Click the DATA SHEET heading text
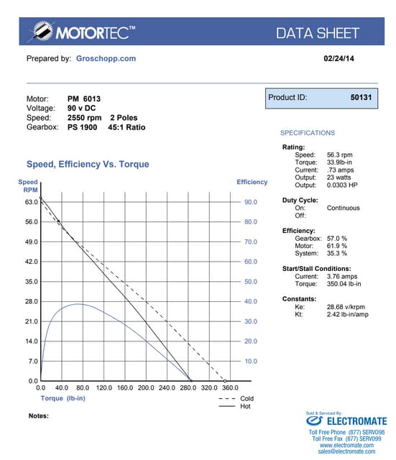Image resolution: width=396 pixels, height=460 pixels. click(317, 32)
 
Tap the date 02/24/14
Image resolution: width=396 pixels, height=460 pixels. click(336, 58)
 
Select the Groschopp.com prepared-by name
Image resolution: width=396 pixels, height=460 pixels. click(106, 58)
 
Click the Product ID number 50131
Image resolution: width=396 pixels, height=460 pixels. click(361, 97)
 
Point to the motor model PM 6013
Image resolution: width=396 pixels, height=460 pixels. click(85, 98)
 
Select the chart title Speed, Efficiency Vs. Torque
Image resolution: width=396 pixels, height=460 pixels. click(88, 165)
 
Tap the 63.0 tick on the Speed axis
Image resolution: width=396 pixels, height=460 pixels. click(32, 203)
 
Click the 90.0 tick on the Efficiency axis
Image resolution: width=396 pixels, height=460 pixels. click(251, 203)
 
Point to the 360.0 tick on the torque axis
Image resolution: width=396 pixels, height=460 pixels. click(231, 387)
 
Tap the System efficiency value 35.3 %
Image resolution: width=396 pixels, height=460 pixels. click(337, 253)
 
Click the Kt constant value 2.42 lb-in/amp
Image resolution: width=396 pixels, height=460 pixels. click(349, 315)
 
